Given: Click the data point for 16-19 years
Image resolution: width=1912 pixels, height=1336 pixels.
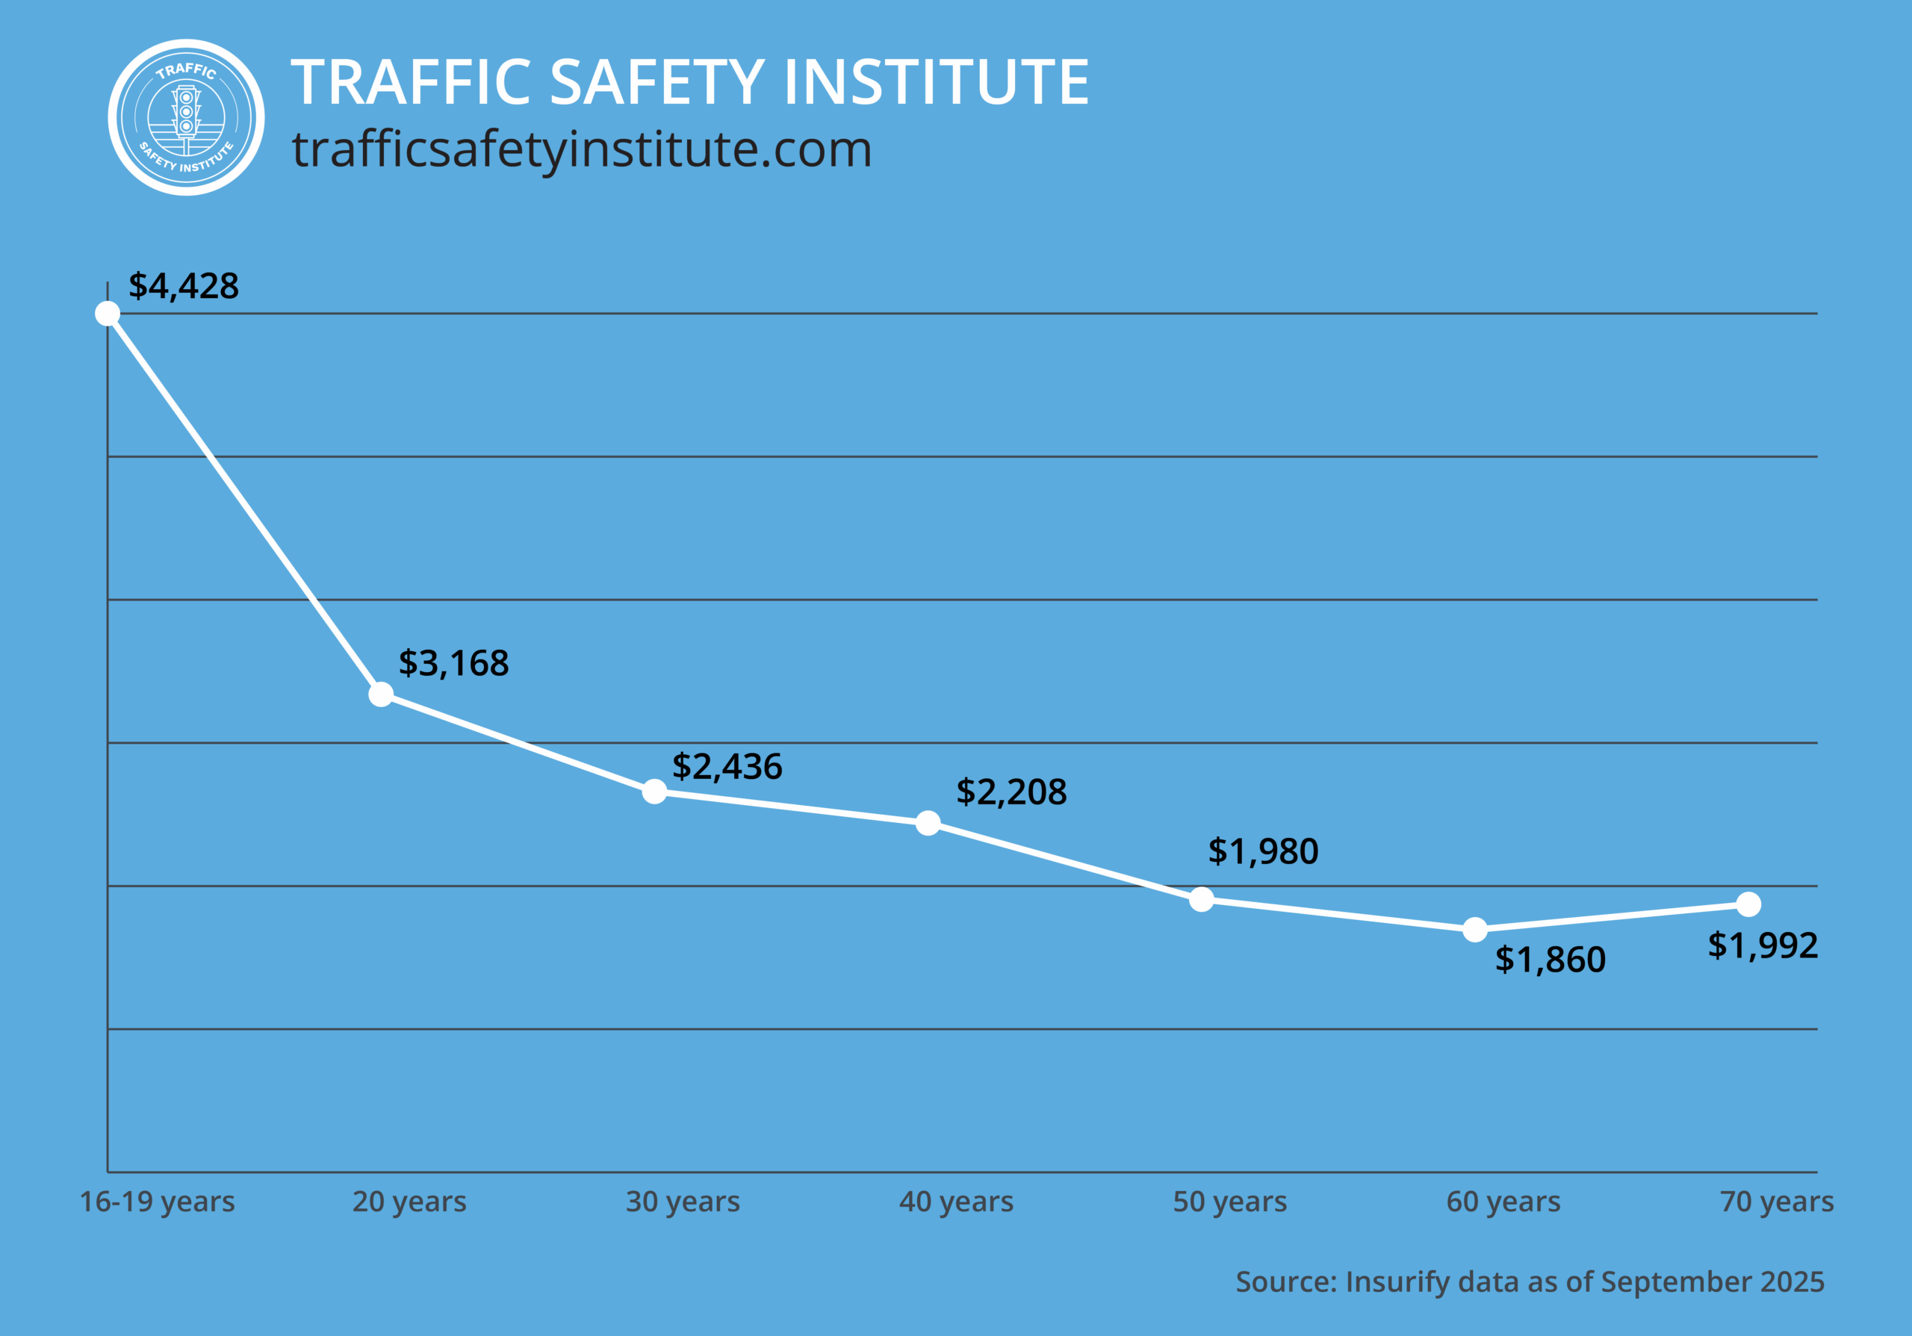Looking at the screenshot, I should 108,313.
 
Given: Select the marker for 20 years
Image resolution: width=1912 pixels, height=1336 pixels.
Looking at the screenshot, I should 381,695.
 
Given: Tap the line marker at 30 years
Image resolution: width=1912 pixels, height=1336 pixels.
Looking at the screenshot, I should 654,792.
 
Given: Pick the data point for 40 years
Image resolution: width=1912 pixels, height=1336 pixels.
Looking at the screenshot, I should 928,823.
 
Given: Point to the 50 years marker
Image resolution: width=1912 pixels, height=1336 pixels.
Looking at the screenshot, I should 1201,899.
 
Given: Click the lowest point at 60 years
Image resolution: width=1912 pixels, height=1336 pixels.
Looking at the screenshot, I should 1475,930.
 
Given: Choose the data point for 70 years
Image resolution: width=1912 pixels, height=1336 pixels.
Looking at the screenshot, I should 1748,904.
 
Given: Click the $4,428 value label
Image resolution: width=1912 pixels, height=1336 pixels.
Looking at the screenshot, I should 183,286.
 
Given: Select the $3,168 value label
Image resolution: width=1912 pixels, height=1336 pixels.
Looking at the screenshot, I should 454,663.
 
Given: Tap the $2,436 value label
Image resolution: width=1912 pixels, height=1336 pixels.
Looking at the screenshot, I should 727,767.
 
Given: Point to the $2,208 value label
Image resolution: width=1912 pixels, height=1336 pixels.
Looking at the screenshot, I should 1011,792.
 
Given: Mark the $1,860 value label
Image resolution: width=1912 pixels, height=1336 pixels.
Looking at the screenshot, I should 1550,960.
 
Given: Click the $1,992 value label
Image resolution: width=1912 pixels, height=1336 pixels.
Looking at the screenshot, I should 1762,945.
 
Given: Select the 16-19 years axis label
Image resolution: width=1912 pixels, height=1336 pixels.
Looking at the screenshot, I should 158,1202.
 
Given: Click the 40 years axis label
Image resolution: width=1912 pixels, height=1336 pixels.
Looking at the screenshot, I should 956,1202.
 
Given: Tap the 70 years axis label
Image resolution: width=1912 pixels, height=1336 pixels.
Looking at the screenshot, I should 1776,1202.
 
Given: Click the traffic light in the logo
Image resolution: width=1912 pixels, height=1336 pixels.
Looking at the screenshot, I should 186,114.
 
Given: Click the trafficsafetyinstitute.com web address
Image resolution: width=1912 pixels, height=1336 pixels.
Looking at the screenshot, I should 581,150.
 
